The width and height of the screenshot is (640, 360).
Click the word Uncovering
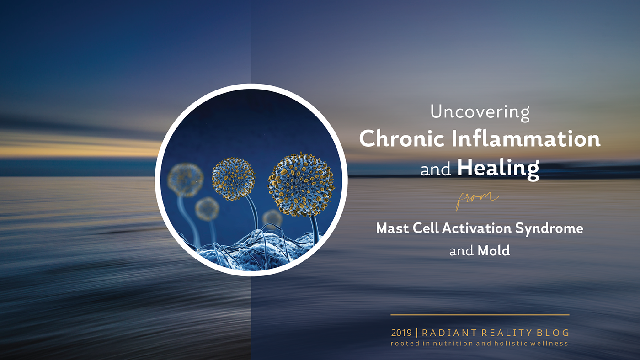(x=480, y=112)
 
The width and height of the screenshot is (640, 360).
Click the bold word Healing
(x=498, y=169)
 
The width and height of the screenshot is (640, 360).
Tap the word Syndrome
(x=549, y=229)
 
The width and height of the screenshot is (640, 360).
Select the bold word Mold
(x=494, y=251)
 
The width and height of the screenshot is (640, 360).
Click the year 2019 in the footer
(x=401, y=333)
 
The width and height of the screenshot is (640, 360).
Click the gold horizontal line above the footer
(x=480, y=315)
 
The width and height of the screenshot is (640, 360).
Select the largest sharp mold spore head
(x=301, y=185)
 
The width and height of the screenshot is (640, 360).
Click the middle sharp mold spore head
(x=233, y=179)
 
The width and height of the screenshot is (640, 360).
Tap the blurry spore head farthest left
(x=186, y=180)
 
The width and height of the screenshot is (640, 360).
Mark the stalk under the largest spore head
(x=315, y=230)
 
